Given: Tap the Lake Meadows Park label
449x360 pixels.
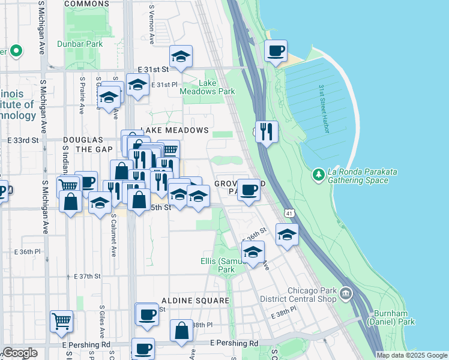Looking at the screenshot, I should (x=216, y=87).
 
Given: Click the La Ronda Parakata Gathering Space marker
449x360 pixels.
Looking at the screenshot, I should (x=319, y=175).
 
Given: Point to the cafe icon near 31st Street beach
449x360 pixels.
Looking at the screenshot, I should (x=276, y=52).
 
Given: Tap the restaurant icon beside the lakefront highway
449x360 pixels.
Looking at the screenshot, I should (x=266, y=130).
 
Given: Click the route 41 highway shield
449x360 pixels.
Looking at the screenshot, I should (x=289, y=213).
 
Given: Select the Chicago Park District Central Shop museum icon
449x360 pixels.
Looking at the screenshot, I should (x=346, y=293).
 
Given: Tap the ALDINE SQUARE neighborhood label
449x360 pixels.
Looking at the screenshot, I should (x=187, y=300).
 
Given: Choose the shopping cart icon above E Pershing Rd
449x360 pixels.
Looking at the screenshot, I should (x=61, y=322).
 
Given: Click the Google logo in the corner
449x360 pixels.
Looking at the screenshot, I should (x=20, y=353).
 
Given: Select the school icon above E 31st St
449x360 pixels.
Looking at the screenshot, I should (x=181, y=57).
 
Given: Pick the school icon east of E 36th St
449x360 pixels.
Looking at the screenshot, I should (x=288, y=235).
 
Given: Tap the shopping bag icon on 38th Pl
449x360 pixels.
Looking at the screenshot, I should (x=181, y=331).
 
